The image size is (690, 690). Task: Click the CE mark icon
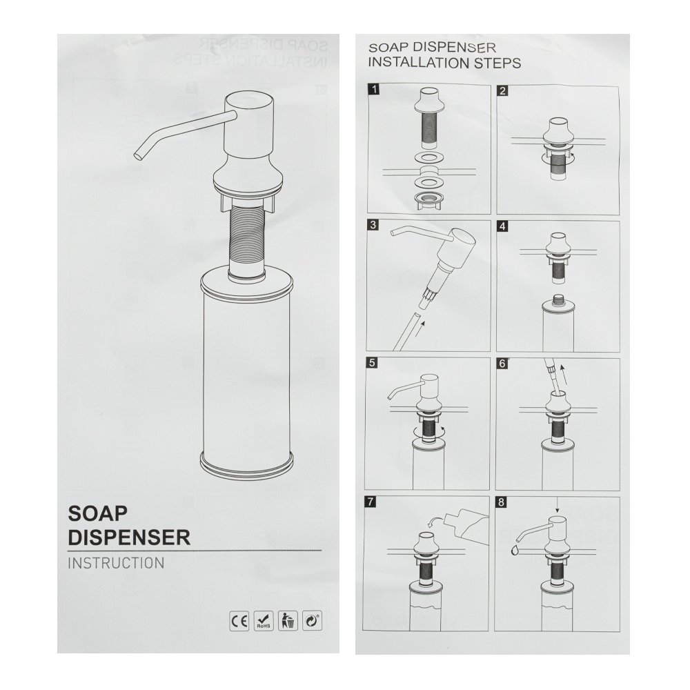[x=239, y=621]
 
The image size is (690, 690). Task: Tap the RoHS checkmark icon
[x=264, y=621]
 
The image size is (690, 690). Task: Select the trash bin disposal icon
[x=288, y=621]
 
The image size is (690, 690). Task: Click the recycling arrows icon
[x=312, y=621]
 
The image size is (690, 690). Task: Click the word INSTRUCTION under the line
[x=116, y=563]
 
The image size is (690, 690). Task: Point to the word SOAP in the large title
[x=98, y=513]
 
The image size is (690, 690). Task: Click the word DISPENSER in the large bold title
[x=129, y=538]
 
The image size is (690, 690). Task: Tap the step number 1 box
[x=374, y=90]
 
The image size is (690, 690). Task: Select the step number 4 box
[x=502, y=226]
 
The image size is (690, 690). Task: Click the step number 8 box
[x=501, y=502]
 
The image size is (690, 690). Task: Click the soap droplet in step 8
[x=515, y=550]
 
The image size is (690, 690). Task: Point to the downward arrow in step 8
[x=557, y=505]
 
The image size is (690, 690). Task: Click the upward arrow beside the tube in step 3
[x=420, y=328]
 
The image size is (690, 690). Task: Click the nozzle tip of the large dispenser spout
[x=137, y=156]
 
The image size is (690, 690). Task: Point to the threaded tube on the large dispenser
[x=246, y=240]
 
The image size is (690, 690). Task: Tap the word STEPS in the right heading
[x=497, y=63]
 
